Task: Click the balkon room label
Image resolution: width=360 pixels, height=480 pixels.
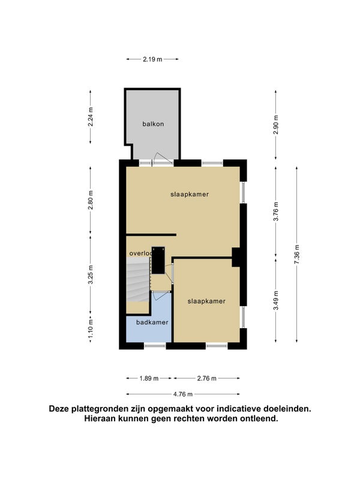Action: pos(153,124)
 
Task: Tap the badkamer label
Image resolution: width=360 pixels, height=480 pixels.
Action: pos(152,322)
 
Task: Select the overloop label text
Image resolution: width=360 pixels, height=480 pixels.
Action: pos(141,253)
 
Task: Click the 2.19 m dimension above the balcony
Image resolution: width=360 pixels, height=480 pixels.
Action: pos(152,59)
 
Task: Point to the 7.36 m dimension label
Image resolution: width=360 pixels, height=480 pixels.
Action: pos(296,254)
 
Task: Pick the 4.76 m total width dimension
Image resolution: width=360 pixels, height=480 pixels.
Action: pos(183,394)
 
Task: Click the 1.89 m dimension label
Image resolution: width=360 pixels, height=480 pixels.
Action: pos(149,379)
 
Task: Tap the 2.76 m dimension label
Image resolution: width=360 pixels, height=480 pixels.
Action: pos(206,379)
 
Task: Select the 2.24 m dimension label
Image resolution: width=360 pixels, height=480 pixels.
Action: pos(91,116)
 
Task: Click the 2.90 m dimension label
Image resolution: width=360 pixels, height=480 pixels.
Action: pos(276,125)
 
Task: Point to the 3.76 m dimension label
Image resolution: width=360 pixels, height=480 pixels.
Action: pos(276,211)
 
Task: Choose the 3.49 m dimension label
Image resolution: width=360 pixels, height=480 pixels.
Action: pos(276,301)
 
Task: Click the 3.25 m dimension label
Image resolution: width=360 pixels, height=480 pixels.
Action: pos(91,275)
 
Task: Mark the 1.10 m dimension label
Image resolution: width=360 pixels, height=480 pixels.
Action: pos(91,329)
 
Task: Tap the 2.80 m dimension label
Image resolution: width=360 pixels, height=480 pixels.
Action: pos(91,200)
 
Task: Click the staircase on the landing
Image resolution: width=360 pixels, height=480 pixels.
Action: pos(138,280)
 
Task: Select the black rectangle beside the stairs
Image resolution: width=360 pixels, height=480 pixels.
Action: pos(158,260)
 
